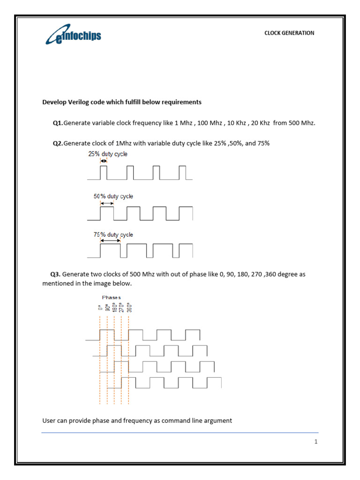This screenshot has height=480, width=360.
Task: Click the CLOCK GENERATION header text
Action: pyautogui.click(x=289, y=33)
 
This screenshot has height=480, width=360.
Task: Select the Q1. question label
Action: pyautogui.click(x=58, y=123)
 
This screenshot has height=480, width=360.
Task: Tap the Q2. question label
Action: pyautogui.click(x=58, y=143)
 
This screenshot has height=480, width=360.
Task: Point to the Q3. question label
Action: pyautogui.click(x=56, y=274)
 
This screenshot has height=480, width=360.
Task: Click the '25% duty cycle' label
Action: pyautogui.click(x=108, y=154)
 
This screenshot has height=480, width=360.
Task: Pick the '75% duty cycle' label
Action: pyautogui.click(x=114, y=235)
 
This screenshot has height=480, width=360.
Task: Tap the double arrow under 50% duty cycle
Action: pyautogui.click(x=107, y=203)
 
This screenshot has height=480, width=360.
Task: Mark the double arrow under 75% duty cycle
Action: pyautogui.click(x=110, y=241)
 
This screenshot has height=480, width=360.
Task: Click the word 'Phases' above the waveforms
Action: pyautogui.click(x=111, y=297)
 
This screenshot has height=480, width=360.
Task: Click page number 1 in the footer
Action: pyautogui.click(x=316, y=441)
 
